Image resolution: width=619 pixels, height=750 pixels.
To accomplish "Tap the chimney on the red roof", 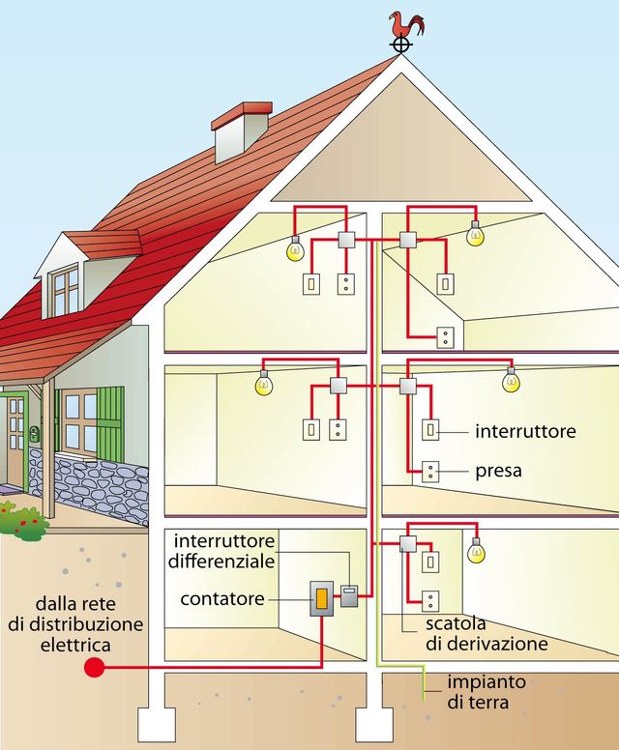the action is [x=242, y=131].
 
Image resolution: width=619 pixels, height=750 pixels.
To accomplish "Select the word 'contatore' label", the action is [x=222, y=599].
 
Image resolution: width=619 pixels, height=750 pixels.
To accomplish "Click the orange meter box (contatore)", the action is [x=322, y=599].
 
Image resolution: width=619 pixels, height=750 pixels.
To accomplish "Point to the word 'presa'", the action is [x=498, y=471].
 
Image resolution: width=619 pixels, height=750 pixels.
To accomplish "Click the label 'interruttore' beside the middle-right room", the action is [x=525, y=431].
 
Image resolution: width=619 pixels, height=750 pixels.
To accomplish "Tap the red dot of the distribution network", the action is [x=95, y=667].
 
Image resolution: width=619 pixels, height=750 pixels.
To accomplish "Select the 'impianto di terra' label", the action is [x=486, y=692].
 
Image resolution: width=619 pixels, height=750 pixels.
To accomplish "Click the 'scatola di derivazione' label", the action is [x=486, y=633].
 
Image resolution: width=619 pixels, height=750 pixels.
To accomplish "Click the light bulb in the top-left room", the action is [x=295, y=248].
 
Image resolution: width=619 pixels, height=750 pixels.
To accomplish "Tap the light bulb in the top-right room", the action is [x=475, y=234].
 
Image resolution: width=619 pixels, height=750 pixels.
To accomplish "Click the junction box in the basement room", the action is [x=408, y=544].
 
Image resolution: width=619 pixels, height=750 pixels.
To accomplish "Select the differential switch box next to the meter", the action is [x=349, y=596].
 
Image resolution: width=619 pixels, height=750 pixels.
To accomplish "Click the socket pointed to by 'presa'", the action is [x=430, y=472].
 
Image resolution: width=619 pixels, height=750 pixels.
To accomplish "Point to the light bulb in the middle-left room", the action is [x=264, y=382].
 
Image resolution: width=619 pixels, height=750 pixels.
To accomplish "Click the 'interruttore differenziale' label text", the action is [x=221, y=551].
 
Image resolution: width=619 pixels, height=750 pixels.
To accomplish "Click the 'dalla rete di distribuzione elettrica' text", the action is [x=75, y=624].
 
